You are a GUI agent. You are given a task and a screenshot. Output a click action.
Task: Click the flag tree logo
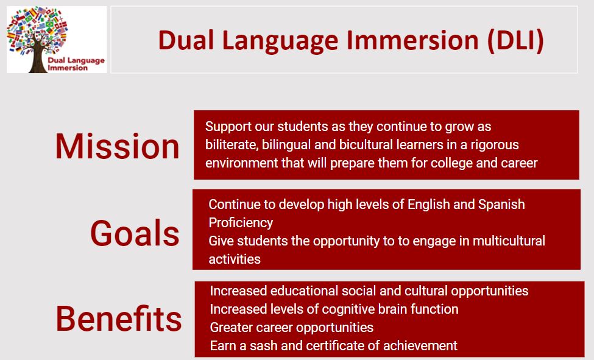point(57,40)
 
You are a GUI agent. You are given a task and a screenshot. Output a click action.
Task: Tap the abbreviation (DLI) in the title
point(515,41)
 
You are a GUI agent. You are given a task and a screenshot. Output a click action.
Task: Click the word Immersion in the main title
point(412,40)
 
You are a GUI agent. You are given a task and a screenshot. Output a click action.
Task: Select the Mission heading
point(118,146)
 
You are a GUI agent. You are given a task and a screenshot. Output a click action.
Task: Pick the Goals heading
point(135,233)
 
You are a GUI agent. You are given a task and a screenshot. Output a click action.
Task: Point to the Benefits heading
point(119,319)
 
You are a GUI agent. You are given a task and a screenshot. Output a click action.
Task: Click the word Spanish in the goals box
point(501,205)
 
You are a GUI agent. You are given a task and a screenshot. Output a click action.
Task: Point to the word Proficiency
point(241,223)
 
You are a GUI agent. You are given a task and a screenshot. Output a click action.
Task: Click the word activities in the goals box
point(235,259)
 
